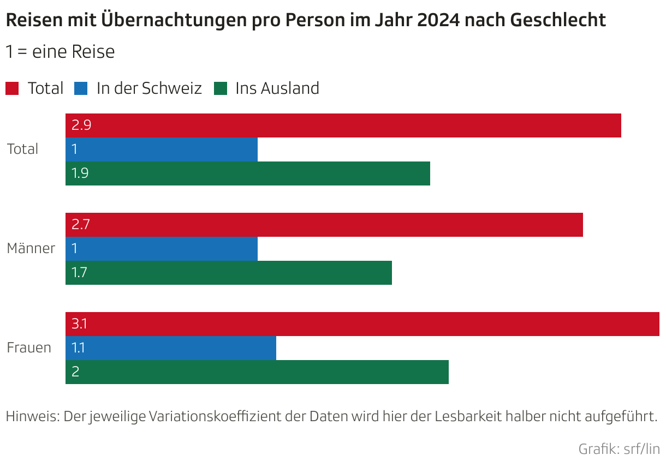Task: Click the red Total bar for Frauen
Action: (x=362, y=324)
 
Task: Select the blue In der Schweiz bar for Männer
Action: (x=161, y=249)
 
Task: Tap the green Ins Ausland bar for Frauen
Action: (x=257, y=372)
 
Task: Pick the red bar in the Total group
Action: (x=343, y=125)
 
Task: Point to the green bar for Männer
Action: (x=228, y=273)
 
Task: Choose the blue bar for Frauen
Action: (x=170, y=348)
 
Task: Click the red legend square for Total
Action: (x=12, y=88)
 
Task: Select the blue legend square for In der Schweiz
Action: (x=81, y=88)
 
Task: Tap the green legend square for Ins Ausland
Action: (x=220, y=88)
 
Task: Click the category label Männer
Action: (x=31, y=249)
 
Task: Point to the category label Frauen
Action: (x=29, y=348)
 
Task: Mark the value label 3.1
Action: (x=79, y=324)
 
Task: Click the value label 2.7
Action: (x=80, y=225)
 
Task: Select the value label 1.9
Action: (x=80, y=173)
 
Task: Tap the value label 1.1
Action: (x=78, y=348)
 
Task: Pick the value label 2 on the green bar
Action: (x=75, y=372)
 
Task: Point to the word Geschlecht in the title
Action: (x=558, y=20)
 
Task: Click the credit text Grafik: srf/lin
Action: (x=619, y=450)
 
